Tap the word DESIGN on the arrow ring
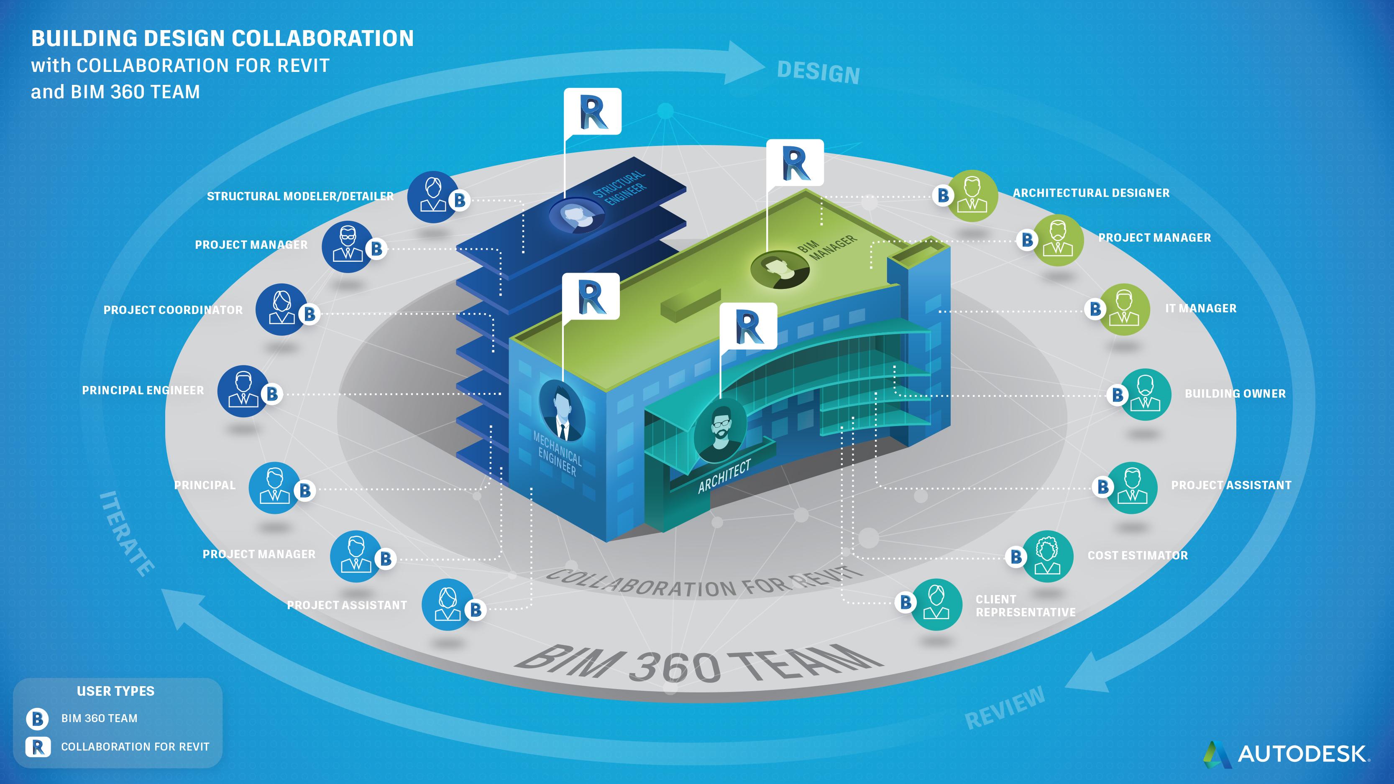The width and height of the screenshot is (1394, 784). point(818,72)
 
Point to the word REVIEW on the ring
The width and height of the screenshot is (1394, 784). point(1005,708)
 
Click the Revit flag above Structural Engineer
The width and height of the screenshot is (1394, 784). point(593,112)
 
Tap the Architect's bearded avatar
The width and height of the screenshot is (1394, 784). point(719,429)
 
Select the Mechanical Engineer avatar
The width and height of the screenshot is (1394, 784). point(562,410)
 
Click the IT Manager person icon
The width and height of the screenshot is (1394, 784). point(1124,309)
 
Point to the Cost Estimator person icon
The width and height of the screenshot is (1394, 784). point(1048,556)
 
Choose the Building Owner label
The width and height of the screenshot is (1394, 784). point(1235,394)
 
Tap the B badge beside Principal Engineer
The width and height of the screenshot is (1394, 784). point(272,394)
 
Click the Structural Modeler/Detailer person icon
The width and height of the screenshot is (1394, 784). point(432,197)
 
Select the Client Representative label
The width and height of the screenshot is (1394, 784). point(1025,606)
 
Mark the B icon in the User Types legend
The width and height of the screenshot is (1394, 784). point(37,718)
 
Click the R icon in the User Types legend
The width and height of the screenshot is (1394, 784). point(37,747)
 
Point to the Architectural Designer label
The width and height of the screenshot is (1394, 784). point(1091,193)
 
